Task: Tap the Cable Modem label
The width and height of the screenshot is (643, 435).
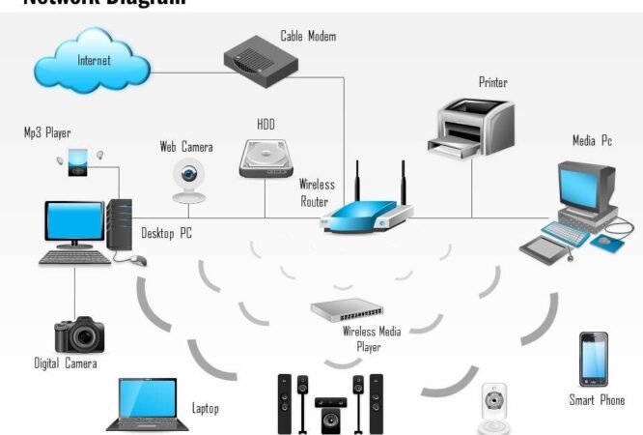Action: [x=308, y=37]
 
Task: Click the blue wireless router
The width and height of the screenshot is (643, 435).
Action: [x=365, y=211]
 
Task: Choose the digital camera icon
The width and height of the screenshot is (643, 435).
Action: [x=79, y=334]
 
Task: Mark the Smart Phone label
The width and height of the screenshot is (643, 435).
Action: [x=597, y=400]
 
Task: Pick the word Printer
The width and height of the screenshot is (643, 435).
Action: [x=492, y=83]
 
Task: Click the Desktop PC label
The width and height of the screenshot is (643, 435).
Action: [x=167, y=233]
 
